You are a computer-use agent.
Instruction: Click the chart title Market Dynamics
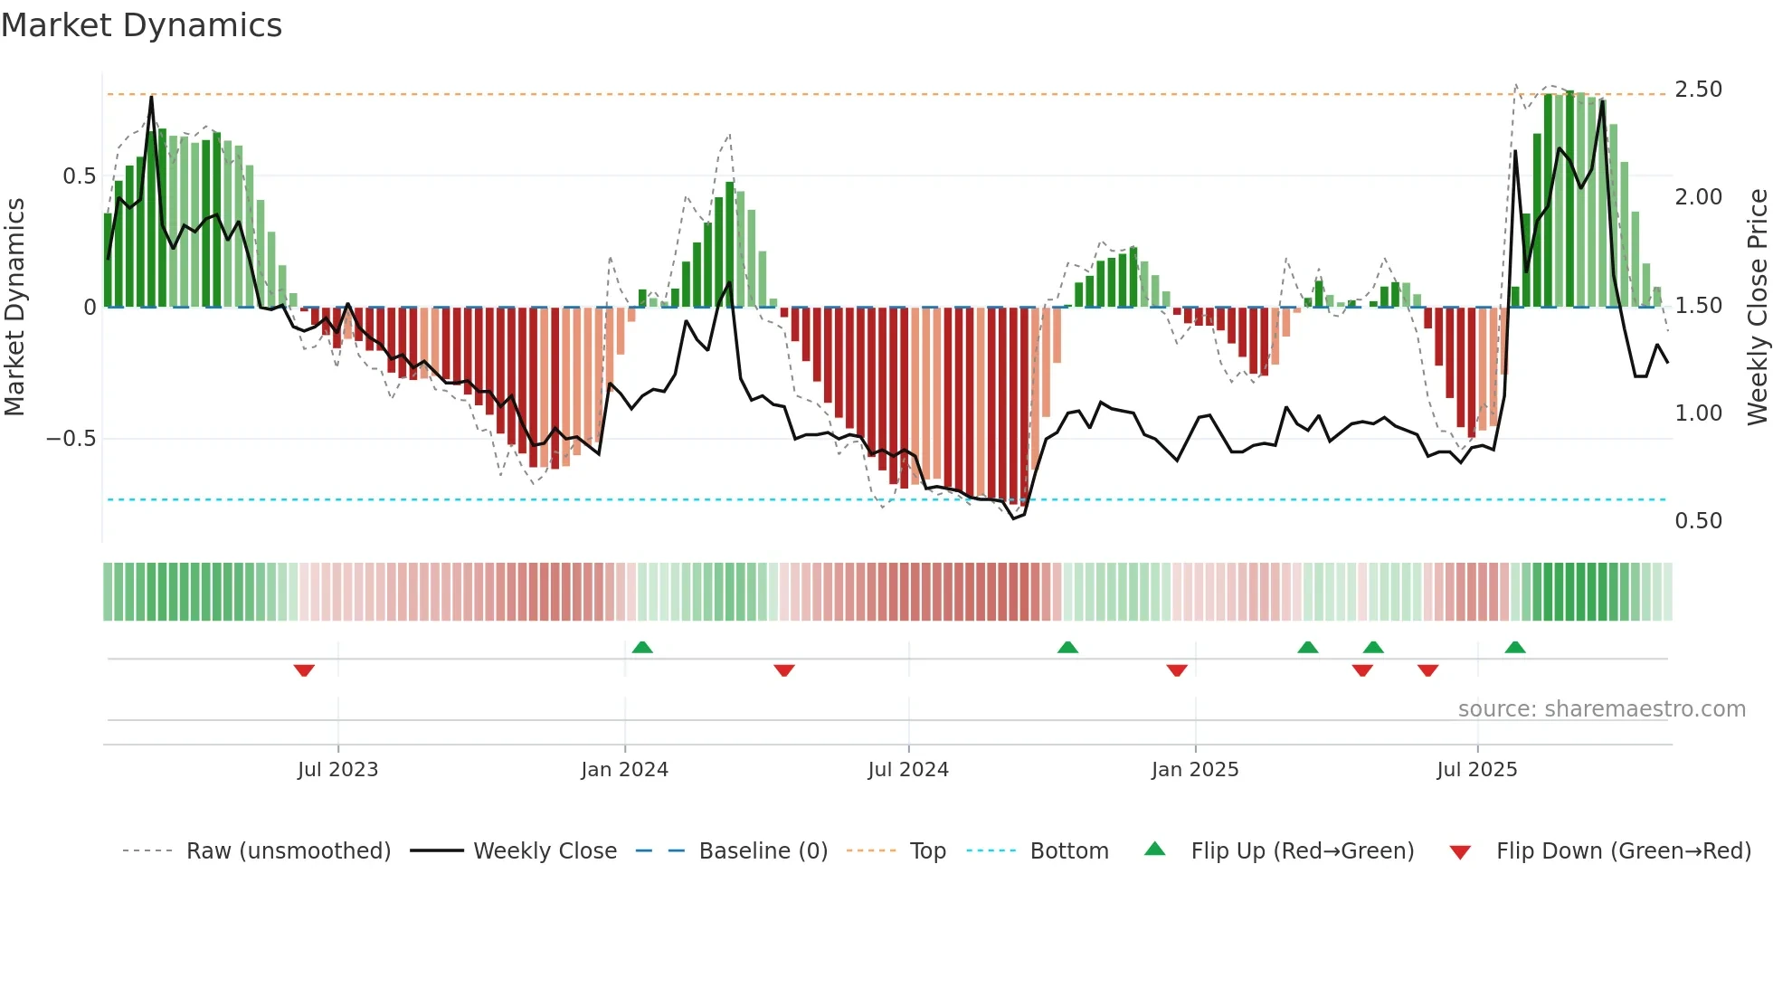pyautogui.click(x=141, y=25)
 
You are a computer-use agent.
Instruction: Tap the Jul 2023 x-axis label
pyautogui.click(x=337, y=770)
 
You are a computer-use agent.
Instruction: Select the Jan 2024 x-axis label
pyautogui.click(x=624, y=770)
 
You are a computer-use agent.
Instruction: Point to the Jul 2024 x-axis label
pyautogui.click(x=908, y=770)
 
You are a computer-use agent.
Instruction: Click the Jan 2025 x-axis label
pyautogui.click(x=1195, y=770)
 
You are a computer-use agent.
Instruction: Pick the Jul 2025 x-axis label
pyautogui.click(x=1477, y=770)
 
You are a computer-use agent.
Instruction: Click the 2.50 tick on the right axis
pyautogui.click(x=1698, y=90)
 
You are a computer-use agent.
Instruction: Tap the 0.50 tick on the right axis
pyautogui.click(x=1698, y=521)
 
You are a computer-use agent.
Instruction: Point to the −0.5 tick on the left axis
pyautogui.click(x=71, y=439)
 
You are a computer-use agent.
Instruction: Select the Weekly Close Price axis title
pyautogui.click(x=1757, y=307)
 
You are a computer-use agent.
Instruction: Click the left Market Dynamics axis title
pyautogui.click(x=15, y=307)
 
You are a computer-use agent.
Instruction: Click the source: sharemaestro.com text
pyautogui.click(x=1601, y=709)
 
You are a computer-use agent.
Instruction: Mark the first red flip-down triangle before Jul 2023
pyautogui.click(x=304, y=669)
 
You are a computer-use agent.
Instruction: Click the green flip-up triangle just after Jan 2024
pyautogui.click(x=642, y=648)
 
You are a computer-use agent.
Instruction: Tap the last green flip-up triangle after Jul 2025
pyautogui.click(x=1515, y=648)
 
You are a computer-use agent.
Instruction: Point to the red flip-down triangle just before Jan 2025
pyautogui.click(x=1177, y=669)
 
